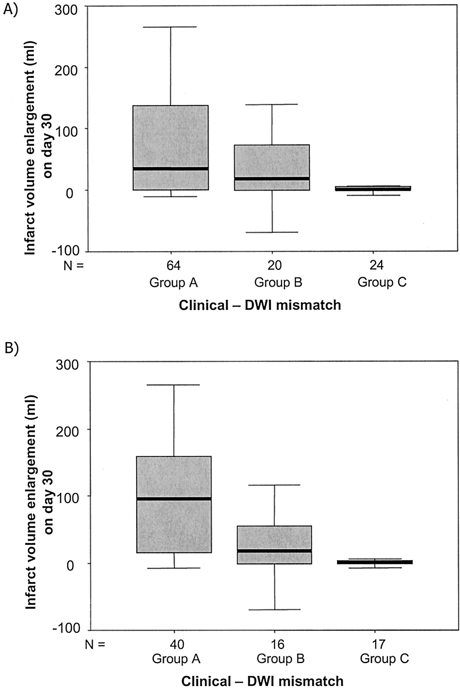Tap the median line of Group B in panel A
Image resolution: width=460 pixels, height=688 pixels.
pos(272,178)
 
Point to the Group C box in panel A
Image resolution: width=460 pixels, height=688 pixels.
pos(373,188)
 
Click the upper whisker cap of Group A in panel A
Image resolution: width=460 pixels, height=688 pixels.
pos(171,27)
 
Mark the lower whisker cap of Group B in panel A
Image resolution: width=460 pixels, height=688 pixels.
pos(272,232)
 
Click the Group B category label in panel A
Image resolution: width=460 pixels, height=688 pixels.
pos(278,283)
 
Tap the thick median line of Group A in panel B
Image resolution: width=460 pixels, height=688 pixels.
pos(174,499)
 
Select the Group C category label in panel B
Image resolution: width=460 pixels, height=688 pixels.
pos(384,659)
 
